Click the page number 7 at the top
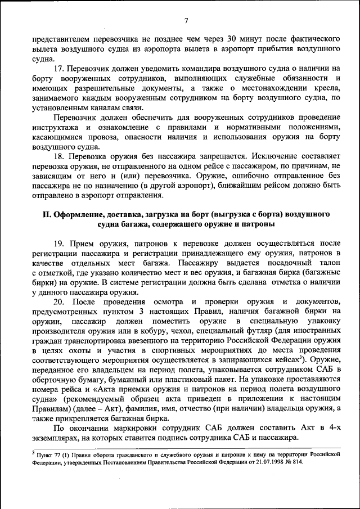point(185,21)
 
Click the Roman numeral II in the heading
point(48,214)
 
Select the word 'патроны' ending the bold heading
point(259,224)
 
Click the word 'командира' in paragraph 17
point(202,68)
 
